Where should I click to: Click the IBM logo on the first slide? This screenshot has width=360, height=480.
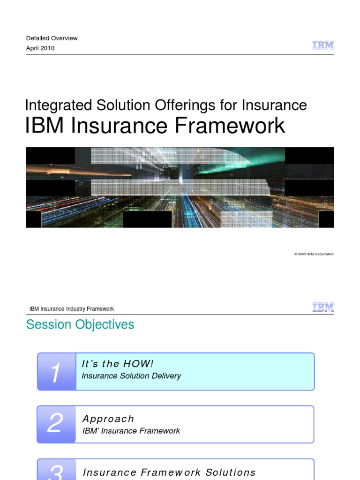pyautogui.click(x=323, y=45)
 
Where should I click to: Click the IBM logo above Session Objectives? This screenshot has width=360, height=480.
pyautogui.click(x=323, y=307)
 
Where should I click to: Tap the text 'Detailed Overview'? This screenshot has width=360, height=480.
pyautogui.click(x=52, y=38)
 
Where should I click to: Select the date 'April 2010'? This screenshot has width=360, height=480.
pyautogui.click(x=40, y=48)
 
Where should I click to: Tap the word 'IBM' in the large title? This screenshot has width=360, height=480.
pyautogui.click(x=45, y=126)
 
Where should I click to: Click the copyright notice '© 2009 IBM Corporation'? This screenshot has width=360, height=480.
pyautogui.click(x=314, y=254)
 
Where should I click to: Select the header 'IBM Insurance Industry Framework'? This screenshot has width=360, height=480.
pyautogui.click(x=71, y=309)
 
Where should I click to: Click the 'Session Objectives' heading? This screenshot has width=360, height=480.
pyautogui.click(x=80, y=324)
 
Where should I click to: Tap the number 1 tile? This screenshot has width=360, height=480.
pyautogui.click(x=56, y=372)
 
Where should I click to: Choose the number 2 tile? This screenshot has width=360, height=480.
pyautogui.click(x=56, y=424)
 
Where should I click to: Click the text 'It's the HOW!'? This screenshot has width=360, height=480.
pyautogui.click(x=118, y=364)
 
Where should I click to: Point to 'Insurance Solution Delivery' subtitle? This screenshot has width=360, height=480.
pyautogui.click(x=131, y=376)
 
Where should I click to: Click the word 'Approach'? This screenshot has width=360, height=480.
pyautogui.click(x=108, y=419)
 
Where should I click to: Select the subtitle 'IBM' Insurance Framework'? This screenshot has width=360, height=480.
pyautogui.click(x=131, y=431)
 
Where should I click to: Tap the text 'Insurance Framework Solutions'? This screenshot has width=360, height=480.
pyautogui.click(x=169, y=472)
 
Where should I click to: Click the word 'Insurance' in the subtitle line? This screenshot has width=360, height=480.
pyautogui.click(x=274, y=105)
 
